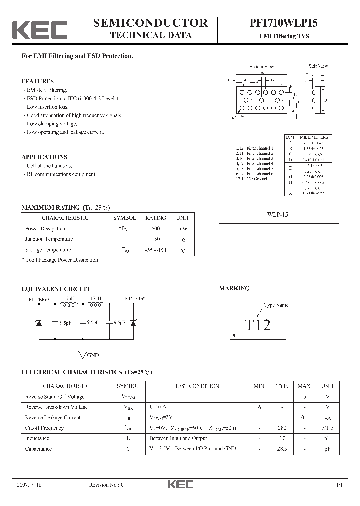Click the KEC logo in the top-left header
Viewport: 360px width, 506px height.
coord(39,30)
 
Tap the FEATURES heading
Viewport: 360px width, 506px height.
coord(38,81)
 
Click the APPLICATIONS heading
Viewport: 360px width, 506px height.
coord(44,157)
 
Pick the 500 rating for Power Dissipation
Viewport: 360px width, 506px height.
coord(156,229)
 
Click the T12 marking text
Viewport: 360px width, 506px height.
coord(257,325)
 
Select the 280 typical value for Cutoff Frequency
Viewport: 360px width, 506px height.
coord(282,428)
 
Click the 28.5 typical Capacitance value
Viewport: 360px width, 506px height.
coord(282,449)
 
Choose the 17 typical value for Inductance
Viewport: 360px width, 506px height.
coord(282,439)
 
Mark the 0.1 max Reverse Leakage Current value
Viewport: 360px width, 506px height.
coord(305,418)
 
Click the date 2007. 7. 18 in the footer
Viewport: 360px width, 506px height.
coord(29,485)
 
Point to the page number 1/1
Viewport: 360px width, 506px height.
coord(339,485)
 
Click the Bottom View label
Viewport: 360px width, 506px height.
coord(262,67)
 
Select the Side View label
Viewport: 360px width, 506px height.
coord(318,66)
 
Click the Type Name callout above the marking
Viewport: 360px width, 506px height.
coord(276,305)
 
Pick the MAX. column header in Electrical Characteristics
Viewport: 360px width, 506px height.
coord(305,386)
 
